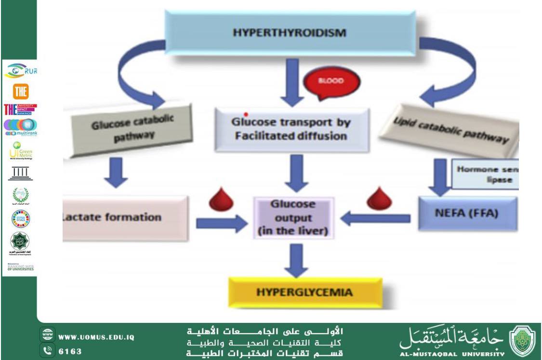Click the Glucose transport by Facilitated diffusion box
(x=291, y=129)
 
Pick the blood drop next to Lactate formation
(x=221, y=200)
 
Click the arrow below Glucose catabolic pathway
(x=115, y=173)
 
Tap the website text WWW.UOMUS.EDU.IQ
(x=96, y=337)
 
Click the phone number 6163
(x=70, y=351)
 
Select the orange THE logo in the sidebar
(x=21, y=91)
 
